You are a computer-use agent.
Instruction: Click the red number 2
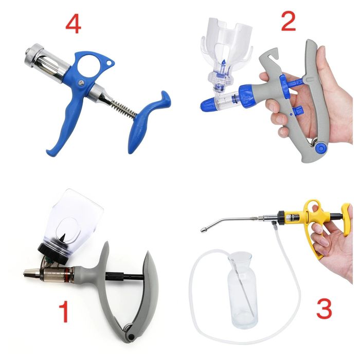click(289, 22)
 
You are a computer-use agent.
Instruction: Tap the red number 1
click(64, 311)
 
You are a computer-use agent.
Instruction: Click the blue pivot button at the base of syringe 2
click(320, 148)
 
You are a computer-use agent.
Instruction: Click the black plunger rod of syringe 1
click(124, 276)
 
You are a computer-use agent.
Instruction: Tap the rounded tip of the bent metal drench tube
click(204, 229)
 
